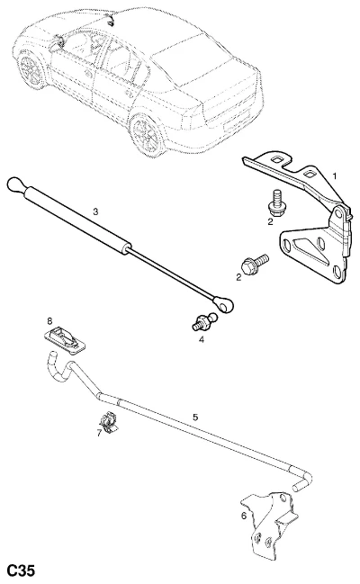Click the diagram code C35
22,571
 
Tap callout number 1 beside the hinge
334,175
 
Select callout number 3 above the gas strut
95,211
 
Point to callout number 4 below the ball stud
202,339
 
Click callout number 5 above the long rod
195,418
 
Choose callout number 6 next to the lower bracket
244,517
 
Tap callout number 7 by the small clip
99,433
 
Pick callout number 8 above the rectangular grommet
49,320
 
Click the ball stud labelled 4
203,322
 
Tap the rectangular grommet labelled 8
66,340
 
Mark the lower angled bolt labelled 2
255,264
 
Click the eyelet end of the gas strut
224,303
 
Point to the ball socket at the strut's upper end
16,184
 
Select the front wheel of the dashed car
31,69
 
